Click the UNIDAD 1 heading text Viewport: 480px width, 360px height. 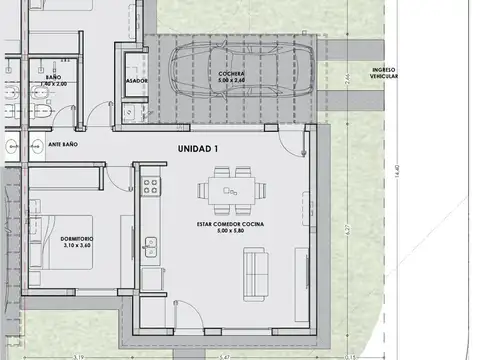coord(198,149)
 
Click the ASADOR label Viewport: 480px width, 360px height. coord(137,79)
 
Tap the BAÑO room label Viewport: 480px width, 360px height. coord(54,77)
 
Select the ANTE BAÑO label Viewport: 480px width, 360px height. coord(64,145)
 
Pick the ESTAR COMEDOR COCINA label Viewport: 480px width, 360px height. coord(231,224)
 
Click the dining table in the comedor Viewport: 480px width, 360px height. coord(231,189)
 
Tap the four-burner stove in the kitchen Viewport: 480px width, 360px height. coord(150,186)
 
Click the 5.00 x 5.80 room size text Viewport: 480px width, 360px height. coord(231,232)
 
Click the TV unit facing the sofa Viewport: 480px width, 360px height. coord(301,270)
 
